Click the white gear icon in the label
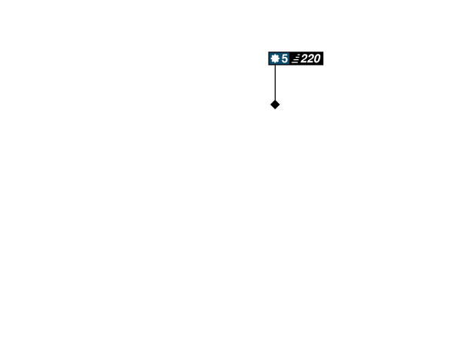275,58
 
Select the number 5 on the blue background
284,58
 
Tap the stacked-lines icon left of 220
296,58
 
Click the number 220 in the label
310,58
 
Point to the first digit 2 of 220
304,58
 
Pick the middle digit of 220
310,58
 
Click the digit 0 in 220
317,58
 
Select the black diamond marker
275,105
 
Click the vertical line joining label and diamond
275,83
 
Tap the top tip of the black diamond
275,100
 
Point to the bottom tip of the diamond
275,109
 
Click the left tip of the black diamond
270,105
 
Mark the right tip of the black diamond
280,105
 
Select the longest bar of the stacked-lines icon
295,62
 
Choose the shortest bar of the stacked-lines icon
299,55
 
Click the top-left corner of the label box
269,52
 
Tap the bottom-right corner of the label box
323,65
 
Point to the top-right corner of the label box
323,52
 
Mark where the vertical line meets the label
275,65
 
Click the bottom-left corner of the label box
269,65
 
